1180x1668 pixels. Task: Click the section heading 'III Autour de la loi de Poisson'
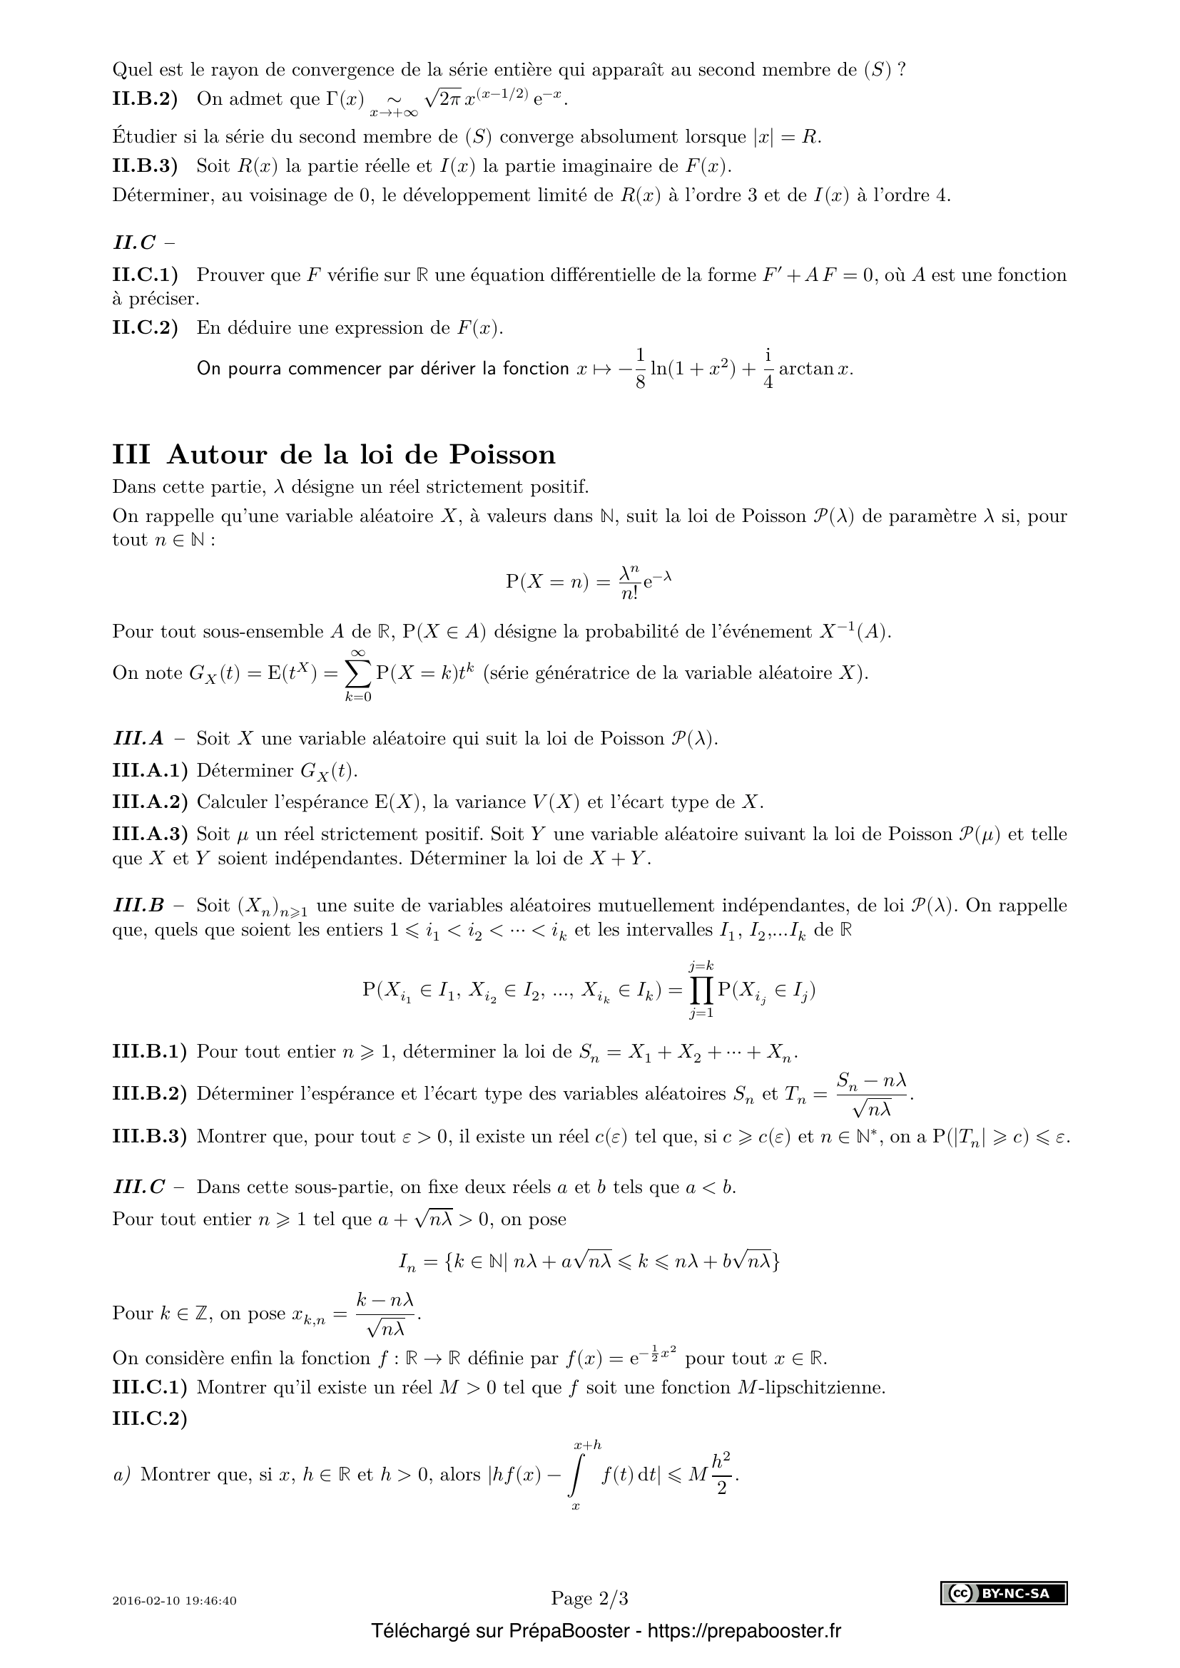click(x=333, y=455)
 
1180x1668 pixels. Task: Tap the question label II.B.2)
click(x=146, y=99)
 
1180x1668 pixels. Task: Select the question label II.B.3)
click(x=146, y=165)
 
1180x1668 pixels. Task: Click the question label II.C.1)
click(x=146, y=275)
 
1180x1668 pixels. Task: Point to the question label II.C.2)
click(x=146, y=327)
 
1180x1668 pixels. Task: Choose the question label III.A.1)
click(x=150, y=770)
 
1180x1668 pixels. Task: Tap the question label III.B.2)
click(x=150, y=1093)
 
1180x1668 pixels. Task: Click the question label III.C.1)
click(x=150, y=1387)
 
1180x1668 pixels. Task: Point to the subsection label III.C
click(x=139, y=1187)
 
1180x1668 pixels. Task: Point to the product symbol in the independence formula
click(x=702, y=990)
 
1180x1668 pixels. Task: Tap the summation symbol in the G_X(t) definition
click(x=357, y=673)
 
